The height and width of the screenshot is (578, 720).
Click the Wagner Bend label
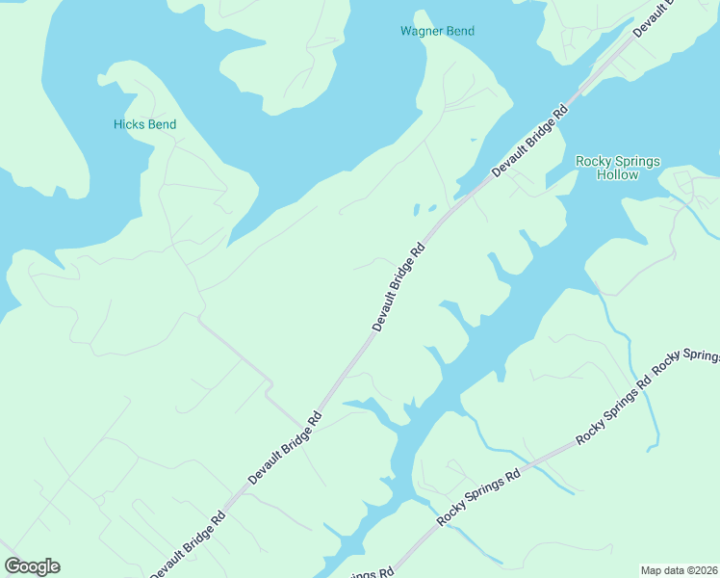click(437, 31)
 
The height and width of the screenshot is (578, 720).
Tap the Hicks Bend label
click(144, 124)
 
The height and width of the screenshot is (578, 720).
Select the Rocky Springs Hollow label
click(617, 168)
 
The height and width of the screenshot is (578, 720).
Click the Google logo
click(32, 566)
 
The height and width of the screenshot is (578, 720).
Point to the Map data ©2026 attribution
click(679, 569)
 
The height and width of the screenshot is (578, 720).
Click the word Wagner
click(421, 31)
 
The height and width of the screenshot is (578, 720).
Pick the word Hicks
click(128, 124)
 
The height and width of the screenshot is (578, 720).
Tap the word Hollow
click(617, 174)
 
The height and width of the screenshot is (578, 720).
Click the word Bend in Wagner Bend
click(458, 31)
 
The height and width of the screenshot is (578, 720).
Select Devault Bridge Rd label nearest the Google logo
click(188, 543)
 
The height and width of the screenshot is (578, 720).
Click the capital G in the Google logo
click(13, 566)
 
